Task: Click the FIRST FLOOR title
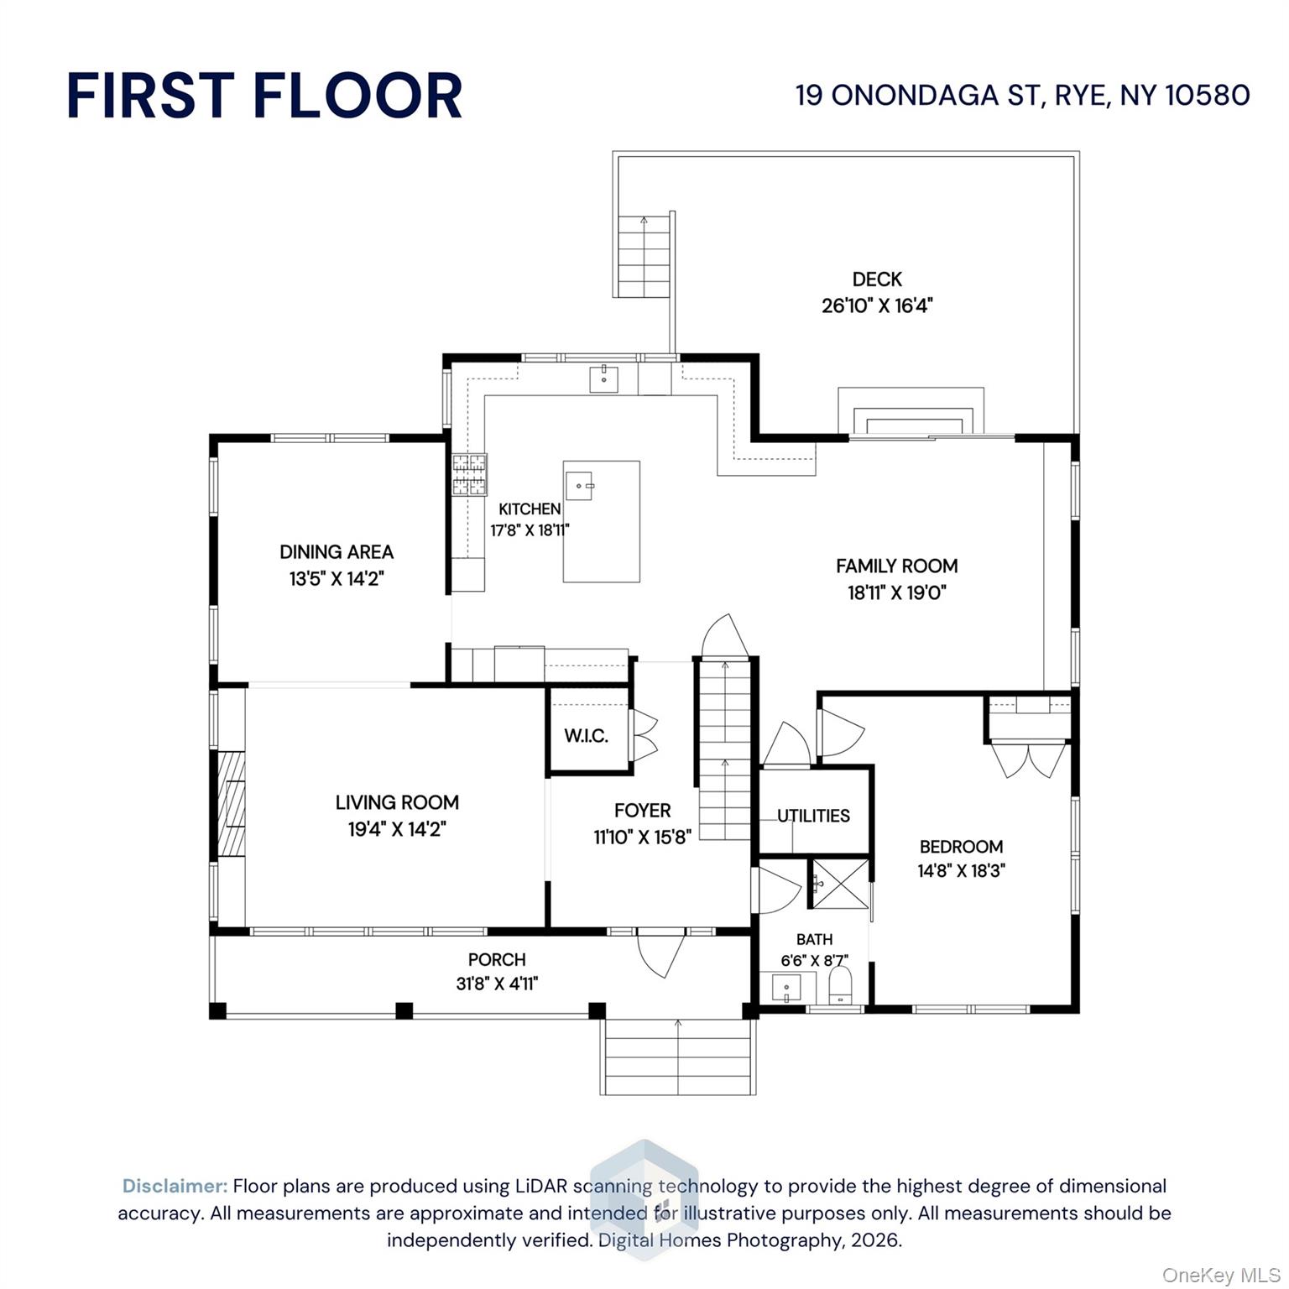click(x=264, y=95)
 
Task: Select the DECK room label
click(x=877, y=279)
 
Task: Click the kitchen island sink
click(x=579, y=485)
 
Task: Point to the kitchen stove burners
click(x=469, y=474)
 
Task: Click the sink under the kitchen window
click(x=603, y=379)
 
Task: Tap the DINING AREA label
click(x=337, y=551)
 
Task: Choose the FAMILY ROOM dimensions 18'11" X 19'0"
click(x=896, y=592)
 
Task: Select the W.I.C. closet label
click(x=586, y=736)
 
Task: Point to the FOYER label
click(x=642, y=811)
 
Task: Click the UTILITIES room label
click(x=813, y=816)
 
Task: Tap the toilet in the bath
click(x=840, y=985)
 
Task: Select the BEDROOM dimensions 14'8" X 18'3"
click(x=961, y=871)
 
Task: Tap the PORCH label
click(x=497, y=959)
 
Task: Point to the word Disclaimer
click(x=175, y=1186)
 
